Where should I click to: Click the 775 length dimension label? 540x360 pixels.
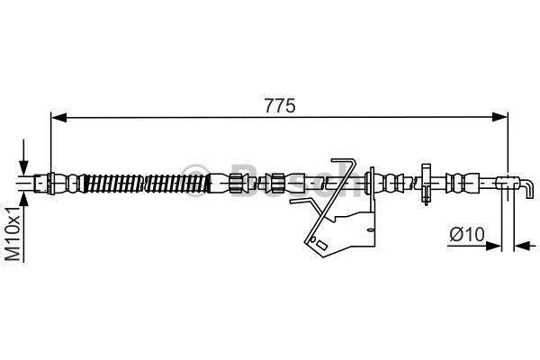click(x=280, y=106)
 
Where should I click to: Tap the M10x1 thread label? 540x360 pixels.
click(x=13, y=234)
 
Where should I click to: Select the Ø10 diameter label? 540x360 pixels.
click(x=466, y=235)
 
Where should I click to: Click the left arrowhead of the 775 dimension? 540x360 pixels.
click(x=58, y=118)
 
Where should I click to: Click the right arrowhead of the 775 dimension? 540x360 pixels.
click(x=500, y=117)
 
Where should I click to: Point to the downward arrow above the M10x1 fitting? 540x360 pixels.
click(x=23, y=157)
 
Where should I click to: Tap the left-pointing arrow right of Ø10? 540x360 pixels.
click(x=525, y=246)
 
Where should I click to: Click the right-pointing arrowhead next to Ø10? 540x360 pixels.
click(x=493, y=246)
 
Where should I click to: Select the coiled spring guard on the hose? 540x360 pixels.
click(x=147, y=183)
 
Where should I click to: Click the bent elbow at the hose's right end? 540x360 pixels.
click(x=526, y=189)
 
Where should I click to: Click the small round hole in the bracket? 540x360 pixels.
click(x=312, y=238)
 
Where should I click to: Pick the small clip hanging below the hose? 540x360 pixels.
click(x=426, y=184)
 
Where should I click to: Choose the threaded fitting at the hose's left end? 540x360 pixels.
click(x=43, y=183)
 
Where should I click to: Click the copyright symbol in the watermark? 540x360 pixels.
click(x=195, y=181)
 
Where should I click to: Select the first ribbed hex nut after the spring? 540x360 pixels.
click(x=237, y=183)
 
